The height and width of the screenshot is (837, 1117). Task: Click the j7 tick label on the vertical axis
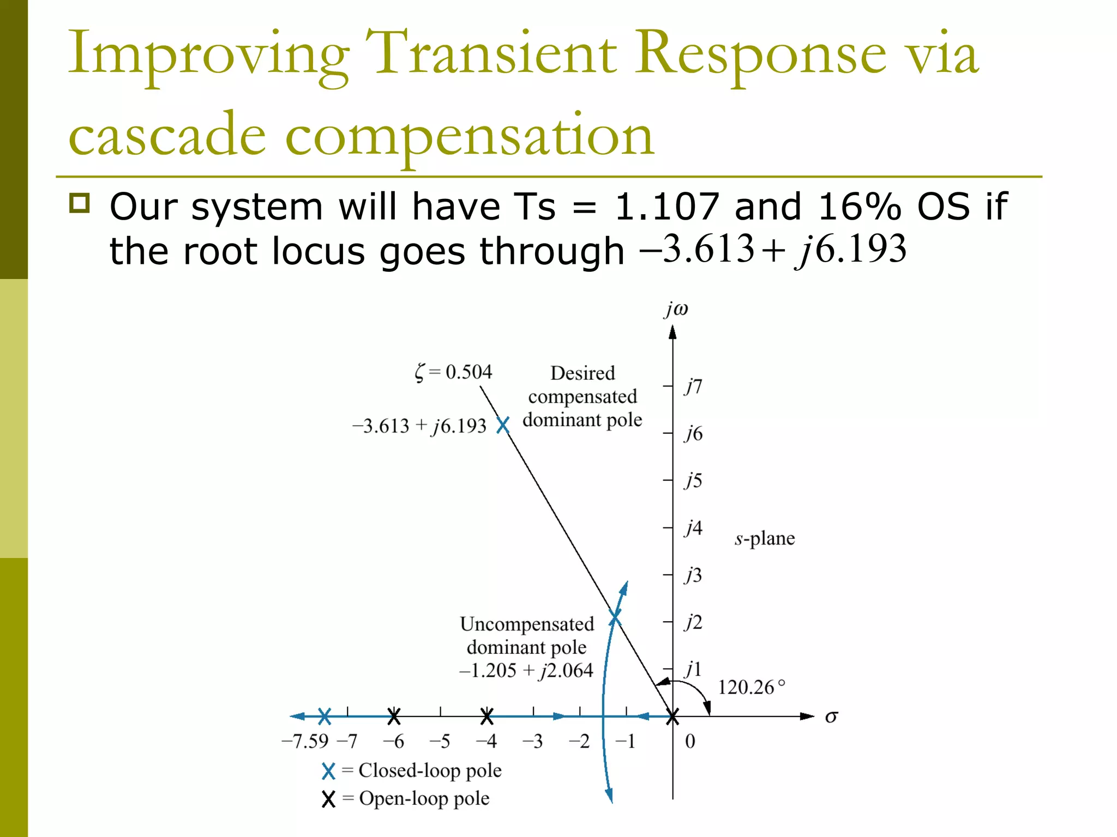[x=693, y=386]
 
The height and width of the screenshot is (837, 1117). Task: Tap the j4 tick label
[x=693, y=527]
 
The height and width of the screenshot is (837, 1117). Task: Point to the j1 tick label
[x=693, y=669]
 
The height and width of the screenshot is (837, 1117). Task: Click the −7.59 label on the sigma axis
[x=305, y=741]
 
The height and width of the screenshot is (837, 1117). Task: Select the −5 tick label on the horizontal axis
[x=440, y=741]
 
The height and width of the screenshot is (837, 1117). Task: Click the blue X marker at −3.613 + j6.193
[x=503, y=425]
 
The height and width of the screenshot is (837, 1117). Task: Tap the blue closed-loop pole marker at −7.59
[x=325, y=717]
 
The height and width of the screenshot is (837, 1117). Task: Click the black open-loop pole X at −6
[x=394, y=717]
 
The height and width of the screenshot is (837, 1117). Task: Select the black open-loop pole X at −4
[x=487, y=717]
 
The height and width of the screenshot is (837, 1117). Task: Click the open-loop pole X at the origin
[x=672, y=717]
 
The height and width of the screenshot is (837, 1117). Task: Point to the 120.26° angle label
[x=751, y=687]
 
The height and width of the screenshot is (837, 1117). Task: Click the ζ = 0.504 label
[x=453, y=372]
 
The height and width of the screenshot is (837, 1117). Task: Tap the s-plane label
[x=764, y=538]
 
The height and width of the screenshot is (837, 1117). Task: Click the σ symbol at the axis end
[x=831, y=717]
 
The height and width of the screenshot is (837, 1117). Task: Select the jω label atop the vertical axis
[x=676, y=309]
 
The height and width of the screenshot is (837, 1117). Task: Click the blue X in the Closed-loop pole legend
[x=328, y=771]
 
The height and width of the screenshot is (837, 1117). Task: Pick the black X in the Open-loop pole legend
[x=328, y=799]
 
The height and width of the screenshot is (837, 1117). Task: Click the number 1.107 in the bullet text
[x=667, y=207]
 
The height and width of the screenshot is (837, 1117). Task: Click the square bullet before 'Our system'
[x=80, y=203]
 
